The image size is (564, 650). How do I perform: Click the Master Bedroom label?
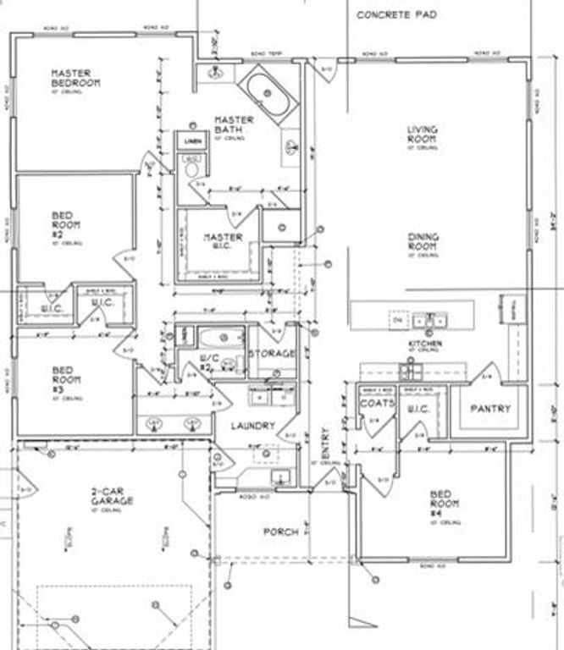[x=75, y=78]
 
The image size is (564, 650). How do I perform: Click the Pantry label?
[x=491, y=409]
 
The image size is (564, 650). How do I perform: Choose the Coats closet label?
[x=377, y=404]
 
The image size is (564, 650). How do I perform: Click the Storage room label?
[x=272, y=353]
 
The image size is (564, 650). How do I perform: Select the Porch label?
[x=280, y=532]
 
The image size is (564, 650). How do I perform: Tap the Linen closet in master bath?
[x=192, y=140]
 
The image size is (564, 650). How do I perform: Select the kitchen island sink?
[x=431, y=321]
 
